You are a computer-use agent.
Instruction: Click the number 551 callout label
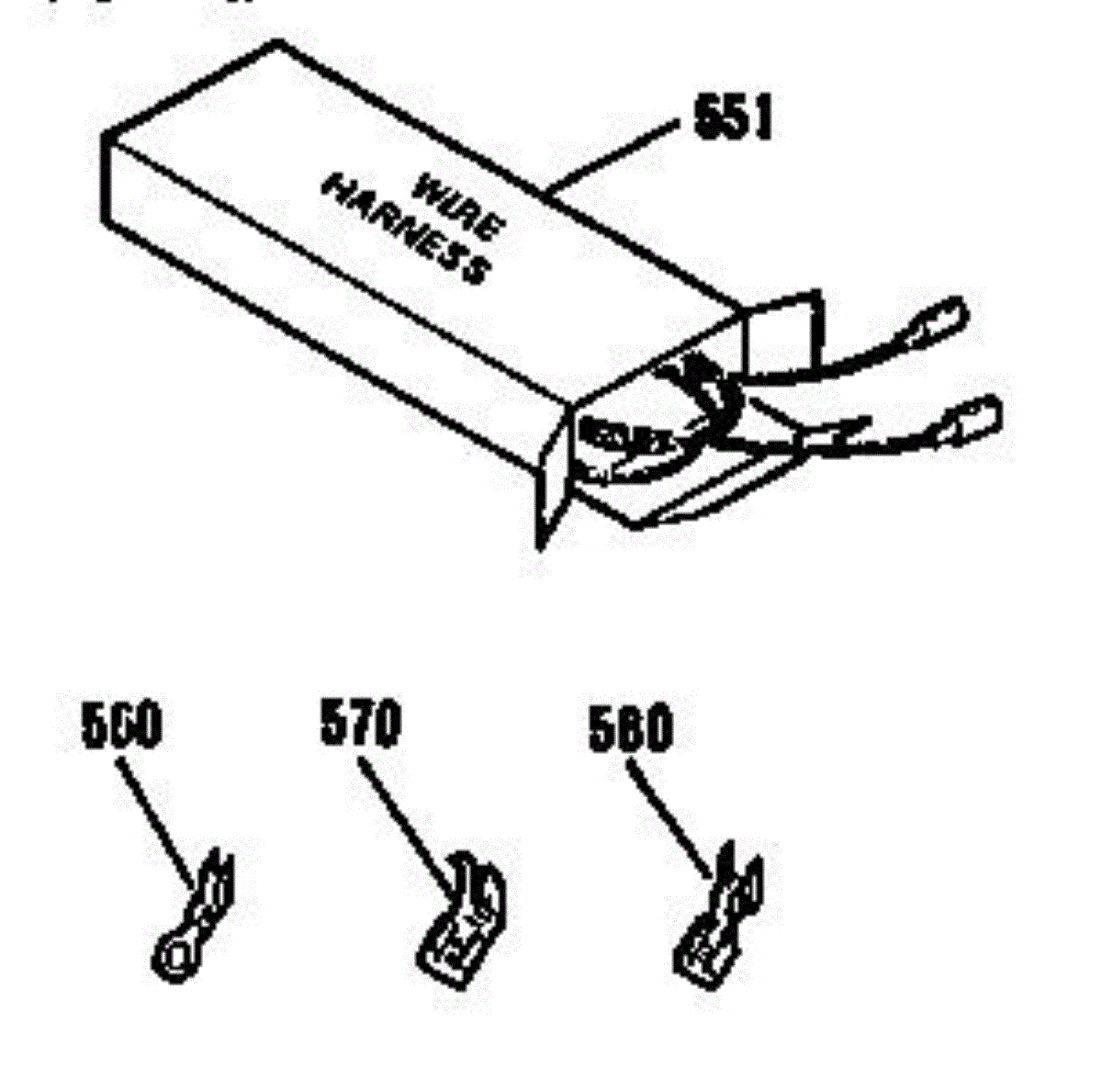tap(733, 119)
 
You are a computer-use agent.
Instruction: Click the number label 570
tap(360, 724)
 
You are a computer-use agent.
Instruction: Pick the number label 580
tap(630, 731)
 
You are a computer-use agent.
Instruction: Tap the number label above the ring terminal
tap(121, 726)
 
